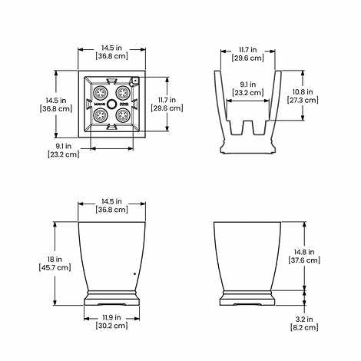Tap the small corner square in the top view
134,80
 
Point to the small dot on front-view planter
134,273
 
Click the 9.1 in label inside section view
248,84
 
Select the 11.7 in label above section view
248,48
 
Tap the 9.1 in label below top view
63,145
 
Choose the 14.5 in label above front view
111,200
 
